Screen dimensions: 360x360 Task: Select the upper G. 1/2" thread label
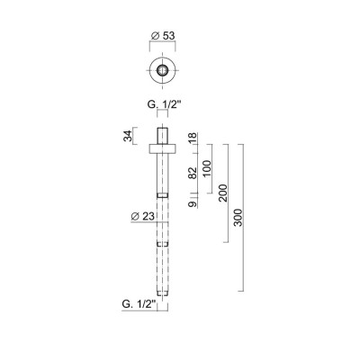tap(162, 104)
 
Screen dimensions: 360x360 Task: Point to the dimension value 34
tap(128, 136)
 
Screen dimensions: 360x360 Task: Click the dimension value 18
tap(192, 137)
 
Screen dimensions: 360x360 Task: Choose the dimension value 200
tap(223, 193)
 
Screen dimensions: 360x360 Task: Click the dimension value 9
tap(192, 204)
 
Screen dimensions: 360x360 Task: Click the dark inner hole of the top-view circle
tap(162, 69)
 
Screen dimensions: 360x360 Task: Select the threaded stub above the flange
tap(162, 135)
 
